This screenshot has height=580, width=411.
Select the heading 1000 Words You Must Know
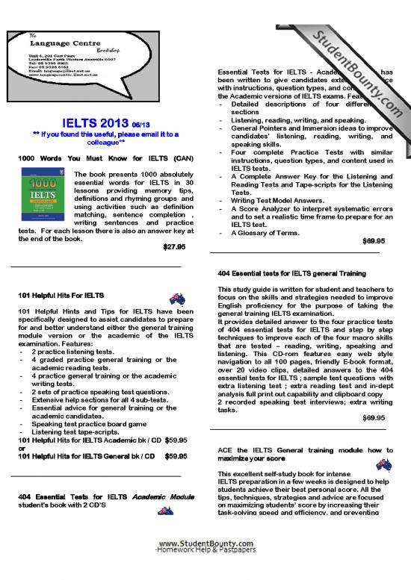[x=105, y=158]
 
